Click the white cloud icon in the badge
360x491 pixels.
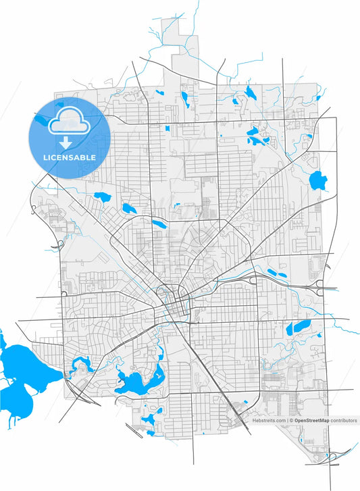tap(68, 120)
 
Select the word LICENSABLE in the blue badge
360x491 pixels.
tap(68, 157)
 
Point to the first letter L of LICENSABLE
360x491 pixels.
tap(44, 157)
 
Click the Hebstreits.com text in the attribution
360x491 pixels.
tap(269, 420)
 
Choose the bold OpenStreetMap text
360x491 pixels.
tap(312, 420)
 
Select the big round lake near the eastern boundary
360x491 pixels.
tap(317, 180)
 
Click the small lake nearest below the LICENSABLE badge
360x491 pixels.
tap(103, 197)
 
